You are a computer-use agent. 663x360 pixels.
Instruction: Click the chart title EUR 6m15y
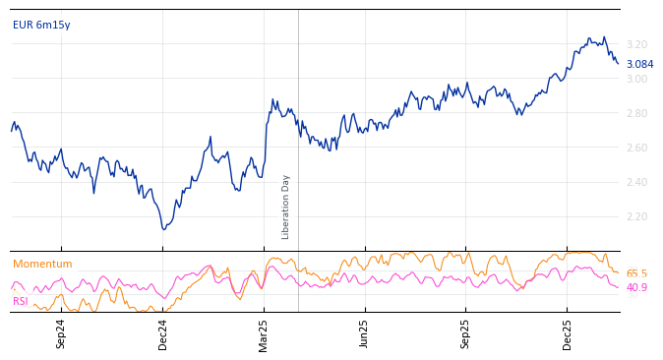(41, 26)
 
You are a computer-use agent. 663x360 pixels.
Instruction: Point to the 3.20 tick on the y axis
(636, 45)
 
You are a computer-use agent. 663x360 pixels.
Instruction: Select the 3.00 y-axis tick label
(636, 80)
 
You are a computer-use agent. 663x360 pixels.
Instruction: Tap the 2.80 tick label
(636, 114)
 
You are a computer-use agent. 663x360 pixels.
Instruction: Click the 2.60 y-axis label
(636, 149)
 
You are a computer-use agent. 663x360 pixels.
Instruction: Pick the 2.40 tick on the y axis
(636, 183)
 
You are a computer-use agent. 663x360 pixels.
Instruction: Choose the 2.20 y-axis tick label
(636, 217)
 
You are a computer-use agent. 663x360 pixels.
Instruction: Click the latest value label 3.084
(639, 65)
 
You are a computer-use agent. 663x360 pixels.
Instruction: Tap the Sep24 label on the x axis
(61, 333)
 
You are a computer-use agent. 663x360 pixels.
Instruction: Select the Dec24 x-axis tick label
(163, 333)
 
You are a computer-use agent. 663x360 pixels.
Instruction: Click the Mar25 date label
(264, 333)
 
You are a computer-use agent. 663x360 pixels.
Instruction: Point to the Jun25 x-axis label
(365, 333)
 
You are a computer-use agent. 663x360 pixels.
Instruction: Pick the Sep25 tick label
(466, 333)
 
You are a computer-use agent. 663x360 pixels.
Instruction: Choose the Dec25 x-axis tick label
(568, 333)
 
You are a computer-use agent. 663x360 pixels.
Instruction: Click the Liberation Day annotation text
(286, 207)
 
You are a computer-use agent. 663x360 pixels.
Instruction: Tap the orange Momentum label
(42, 265)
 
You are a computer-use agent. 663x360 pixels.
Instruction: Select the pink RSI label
(20, 302)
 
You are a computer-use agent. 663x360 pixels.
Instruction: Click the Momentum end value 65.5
(636, 274)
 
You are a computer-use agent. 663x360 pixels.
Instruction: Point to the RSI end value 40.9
(636, 288)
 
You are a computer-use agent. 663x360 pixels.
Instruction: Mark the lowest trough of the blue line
(163, 229)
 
